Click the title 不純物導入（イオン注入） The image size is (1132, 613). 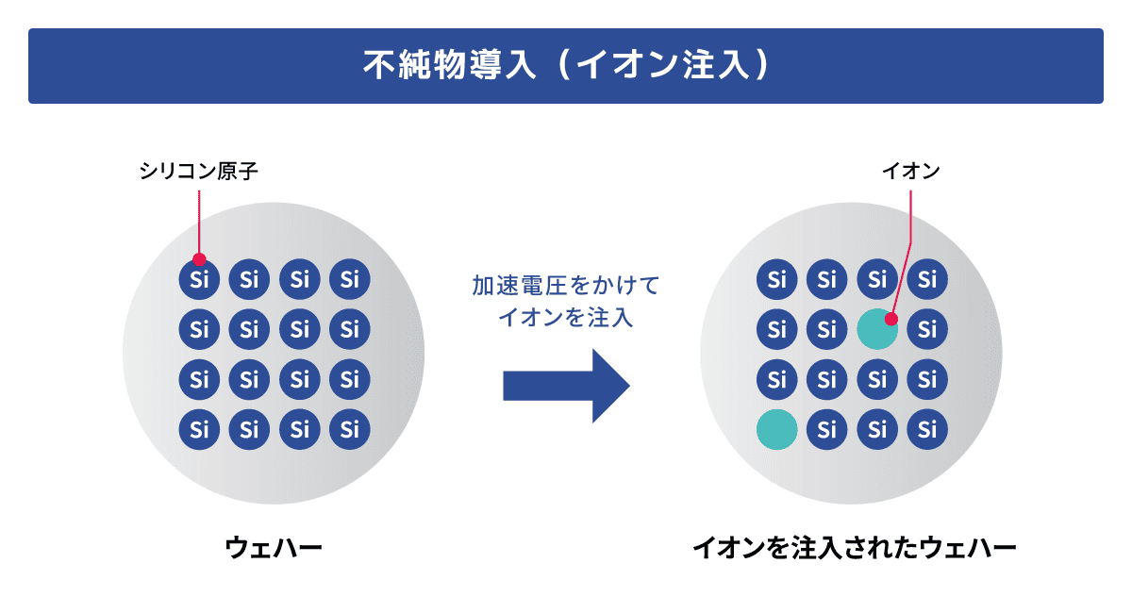click(x=565, y=65)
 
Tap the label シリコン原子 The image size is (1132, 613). click(x=198, y=172)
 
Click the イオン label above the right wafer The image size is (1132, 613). click(x=911, y=172)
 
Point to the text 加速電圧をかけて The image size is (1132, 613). click(x=565, y=285)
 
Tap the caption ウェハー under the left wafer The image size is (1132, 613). click(x=274, y=547)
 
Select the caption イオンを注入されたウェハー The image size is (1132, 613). click(x=854, y=547)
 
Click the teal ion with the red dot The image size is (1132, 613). click(x=877, y=329)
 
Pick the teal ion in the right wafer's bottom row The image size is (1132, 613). click(x=777, y=429)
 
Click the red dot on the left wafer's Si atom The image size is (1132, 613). click(x=198, y=259)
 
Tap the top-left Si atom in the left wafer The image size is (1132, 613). click(x=199, y=279)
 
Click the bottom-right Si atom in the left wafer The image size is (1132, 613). click(x=350, y=429)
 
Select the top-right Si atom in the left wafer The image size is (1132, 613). click(x=350, y=279)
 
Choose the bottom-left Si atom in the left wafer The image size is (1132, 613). click(x=199, y=429)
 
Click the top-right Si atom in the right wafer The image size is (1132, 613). click(x=927, y=279)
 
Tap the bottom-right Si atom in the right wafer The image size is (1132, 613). click(x=927, y=429)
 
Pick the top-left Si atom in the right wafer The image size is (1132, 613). click(x=777, y=279)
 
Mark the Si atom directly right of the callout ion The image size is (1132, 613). click(x=927, y=329)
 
